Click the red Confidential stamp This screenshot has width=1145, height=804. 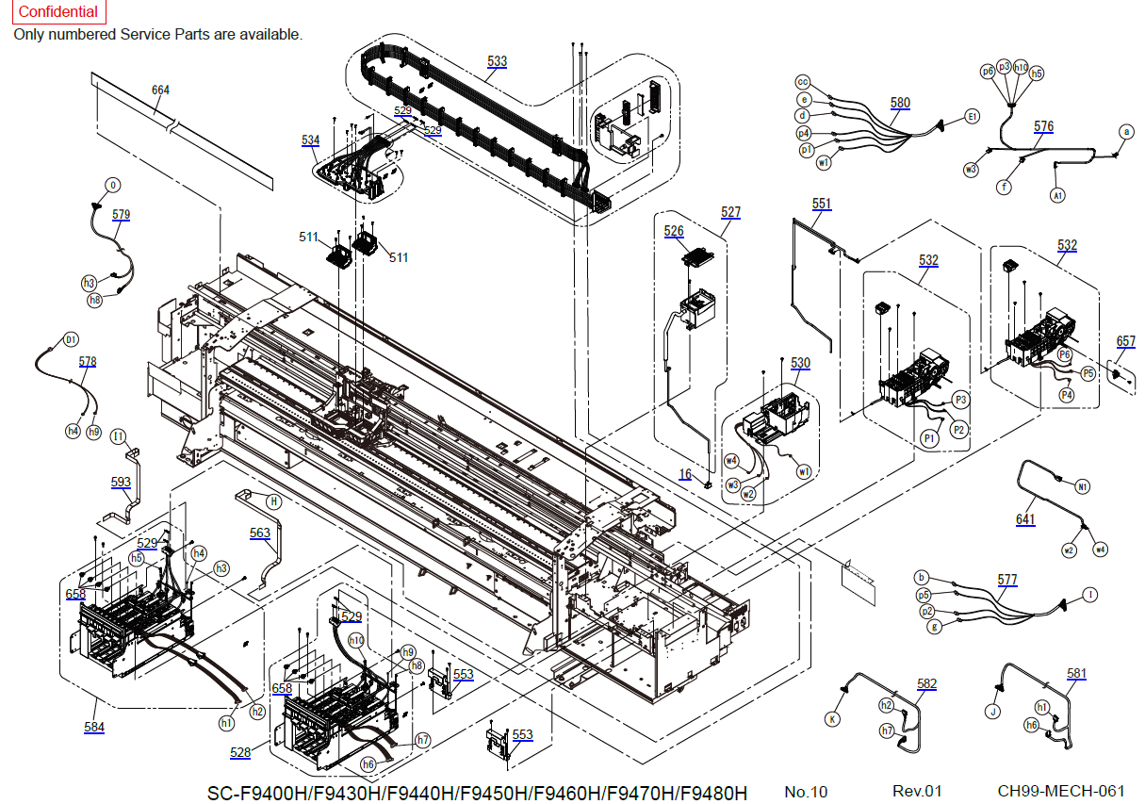58,12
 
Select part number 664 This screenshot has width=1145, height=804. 161,90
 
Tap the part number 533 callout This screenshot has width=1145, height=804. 497,61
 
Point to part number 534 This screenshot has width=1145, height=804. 310,140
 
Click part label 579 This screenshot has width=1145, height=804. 121,215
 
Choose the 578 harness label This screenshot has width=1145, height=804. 88,362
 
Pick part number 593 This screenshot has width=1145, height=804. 121,483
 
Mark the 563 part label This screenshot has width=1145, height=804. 260,533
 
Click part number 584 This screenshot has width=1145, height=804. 94,728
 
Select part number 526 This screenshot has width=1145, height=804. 674,231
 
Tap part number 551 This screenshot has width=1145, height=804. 822,204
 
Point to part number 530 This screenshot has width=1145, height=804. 800,363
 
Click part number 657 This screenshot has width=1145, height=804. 1126,341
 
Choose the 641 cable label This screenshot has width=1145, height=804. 1025,519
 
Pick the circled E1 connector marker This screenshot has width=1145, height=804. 973,117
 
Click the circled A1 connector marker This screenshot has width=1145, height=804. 1057,195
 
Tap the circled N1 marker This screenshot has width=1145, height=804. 1083,486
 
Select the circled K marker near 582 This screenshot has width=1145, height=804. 832,718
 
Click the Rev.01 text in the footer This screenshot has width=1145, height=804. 917,792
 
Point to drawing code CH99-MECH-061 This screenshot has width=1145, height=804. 1061,792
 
